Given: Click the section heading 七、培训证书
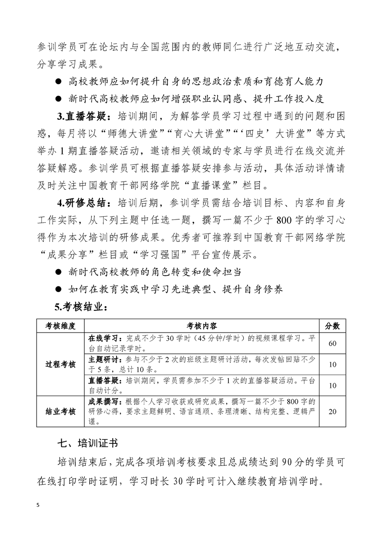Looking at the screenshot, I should (88, 442).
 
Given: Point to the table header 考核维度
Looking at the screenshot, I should (60, 326).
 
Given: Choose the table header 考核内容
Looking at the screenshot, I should (202, 326).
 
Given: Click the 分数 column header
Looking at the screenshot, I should (332, 326).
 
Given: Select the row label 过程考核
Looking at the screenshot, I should (60, 364).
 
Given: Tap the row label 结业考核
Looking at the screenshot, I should (60, 411).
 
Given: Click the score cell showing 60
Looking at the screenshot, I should (332, 343).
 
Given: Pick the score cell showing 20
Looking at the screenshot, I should (332, 411).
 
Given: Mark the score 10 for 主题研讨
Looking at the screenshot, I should (332, 364).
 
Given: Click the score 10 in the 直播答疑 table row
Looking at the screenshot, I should (332, 386).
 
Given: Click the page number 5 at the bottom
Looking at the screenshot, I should (38, 505).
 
